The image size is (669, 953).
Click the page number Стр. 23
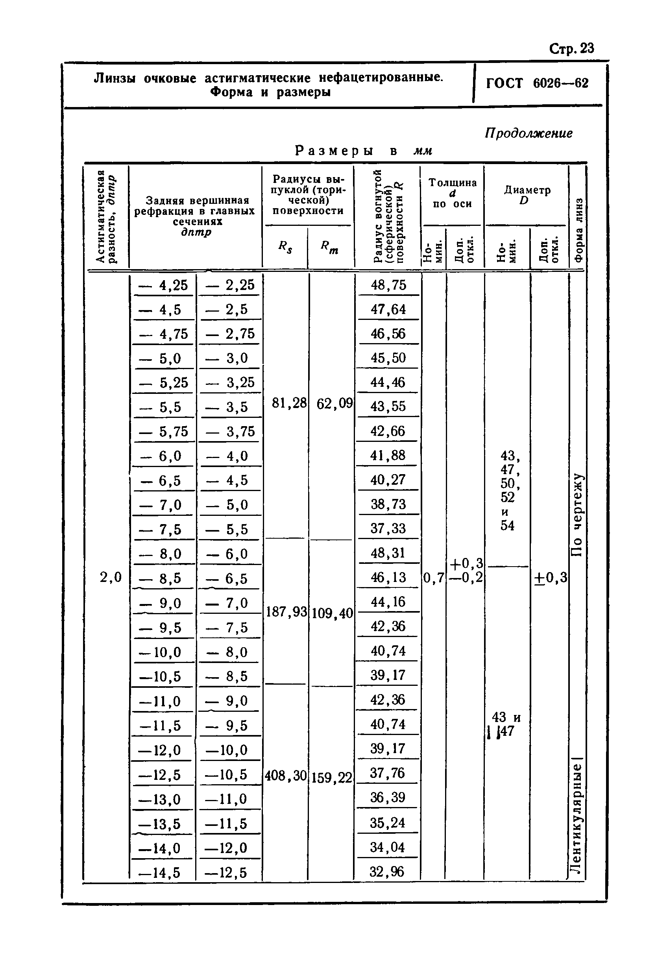tap(571, 48)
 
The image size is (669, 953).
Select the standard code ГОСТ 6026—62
tap(537, 83)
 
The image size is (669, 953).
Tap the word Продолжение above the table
tap(528, 133)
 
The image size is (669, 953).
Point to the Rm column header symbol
tap(329, 247)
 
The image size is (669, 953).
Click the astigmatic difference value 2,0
tap(111, 577)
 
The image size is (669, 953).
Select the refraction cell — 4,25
tap(163, 285)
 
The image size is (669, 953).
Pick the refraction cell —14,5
tap(160, 872)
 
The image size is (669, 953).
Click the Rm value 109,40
tap(332, 613)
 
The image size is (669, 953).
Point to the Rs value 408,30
tap(286, 776)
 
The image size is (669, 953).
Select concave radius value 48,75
tap(388, 285)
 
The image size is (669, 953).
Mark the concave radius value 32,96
tap(387, 872)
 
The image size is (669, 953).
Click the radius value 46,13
tap(388, 577)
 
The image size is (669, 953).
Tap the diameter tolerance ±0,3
tap(550, 577)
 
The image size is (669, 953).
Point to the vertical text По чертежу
tap(577, 515)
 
